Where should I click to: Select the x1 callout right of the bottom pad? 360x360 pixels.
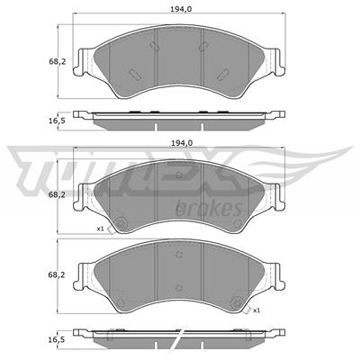256,310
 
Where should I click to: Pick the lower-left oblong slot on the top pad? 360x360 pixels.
131,76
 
